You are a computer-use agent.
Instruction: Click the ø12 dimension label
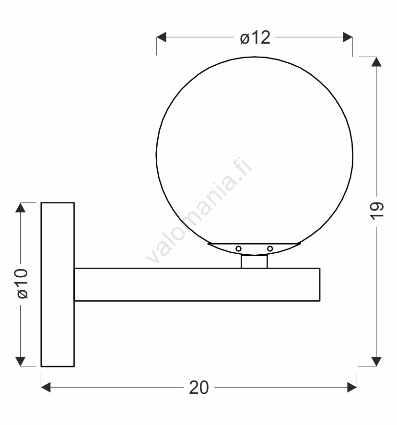255,37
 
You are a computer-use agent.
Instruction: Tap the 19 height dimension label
377,211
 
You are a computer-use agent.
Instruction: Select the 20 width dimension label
199,387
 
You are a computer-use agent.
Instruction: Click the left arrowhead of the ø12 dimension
161,37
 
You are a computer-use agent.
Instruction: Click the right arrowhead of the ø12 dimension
348,37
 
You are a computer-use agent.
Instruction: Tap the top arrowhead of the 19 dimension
376,61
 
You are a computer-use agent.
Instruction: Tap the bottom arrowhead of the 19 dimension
376,362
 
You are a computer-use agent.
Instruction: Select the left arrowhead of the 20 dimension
46,387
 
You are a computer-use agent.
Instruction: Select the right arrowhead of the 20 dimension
352,387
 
